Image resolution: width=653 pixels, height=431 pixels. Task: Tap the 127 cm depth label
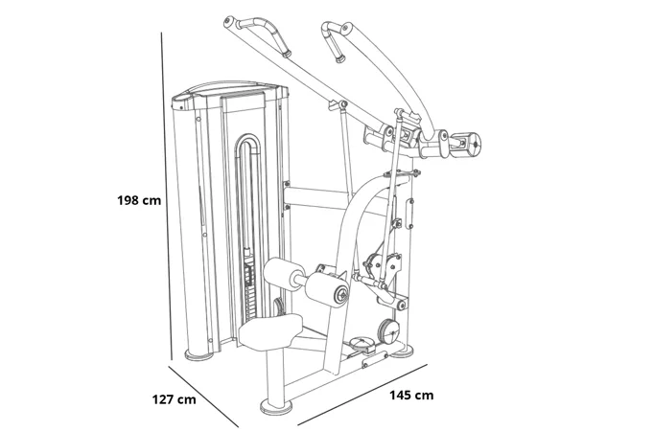(174, 399)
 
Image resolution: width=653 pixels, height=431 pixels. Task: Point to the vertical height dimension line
(162, 192)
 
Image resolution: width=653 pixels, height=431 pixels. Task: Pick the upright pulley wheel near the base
(388, 331)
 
